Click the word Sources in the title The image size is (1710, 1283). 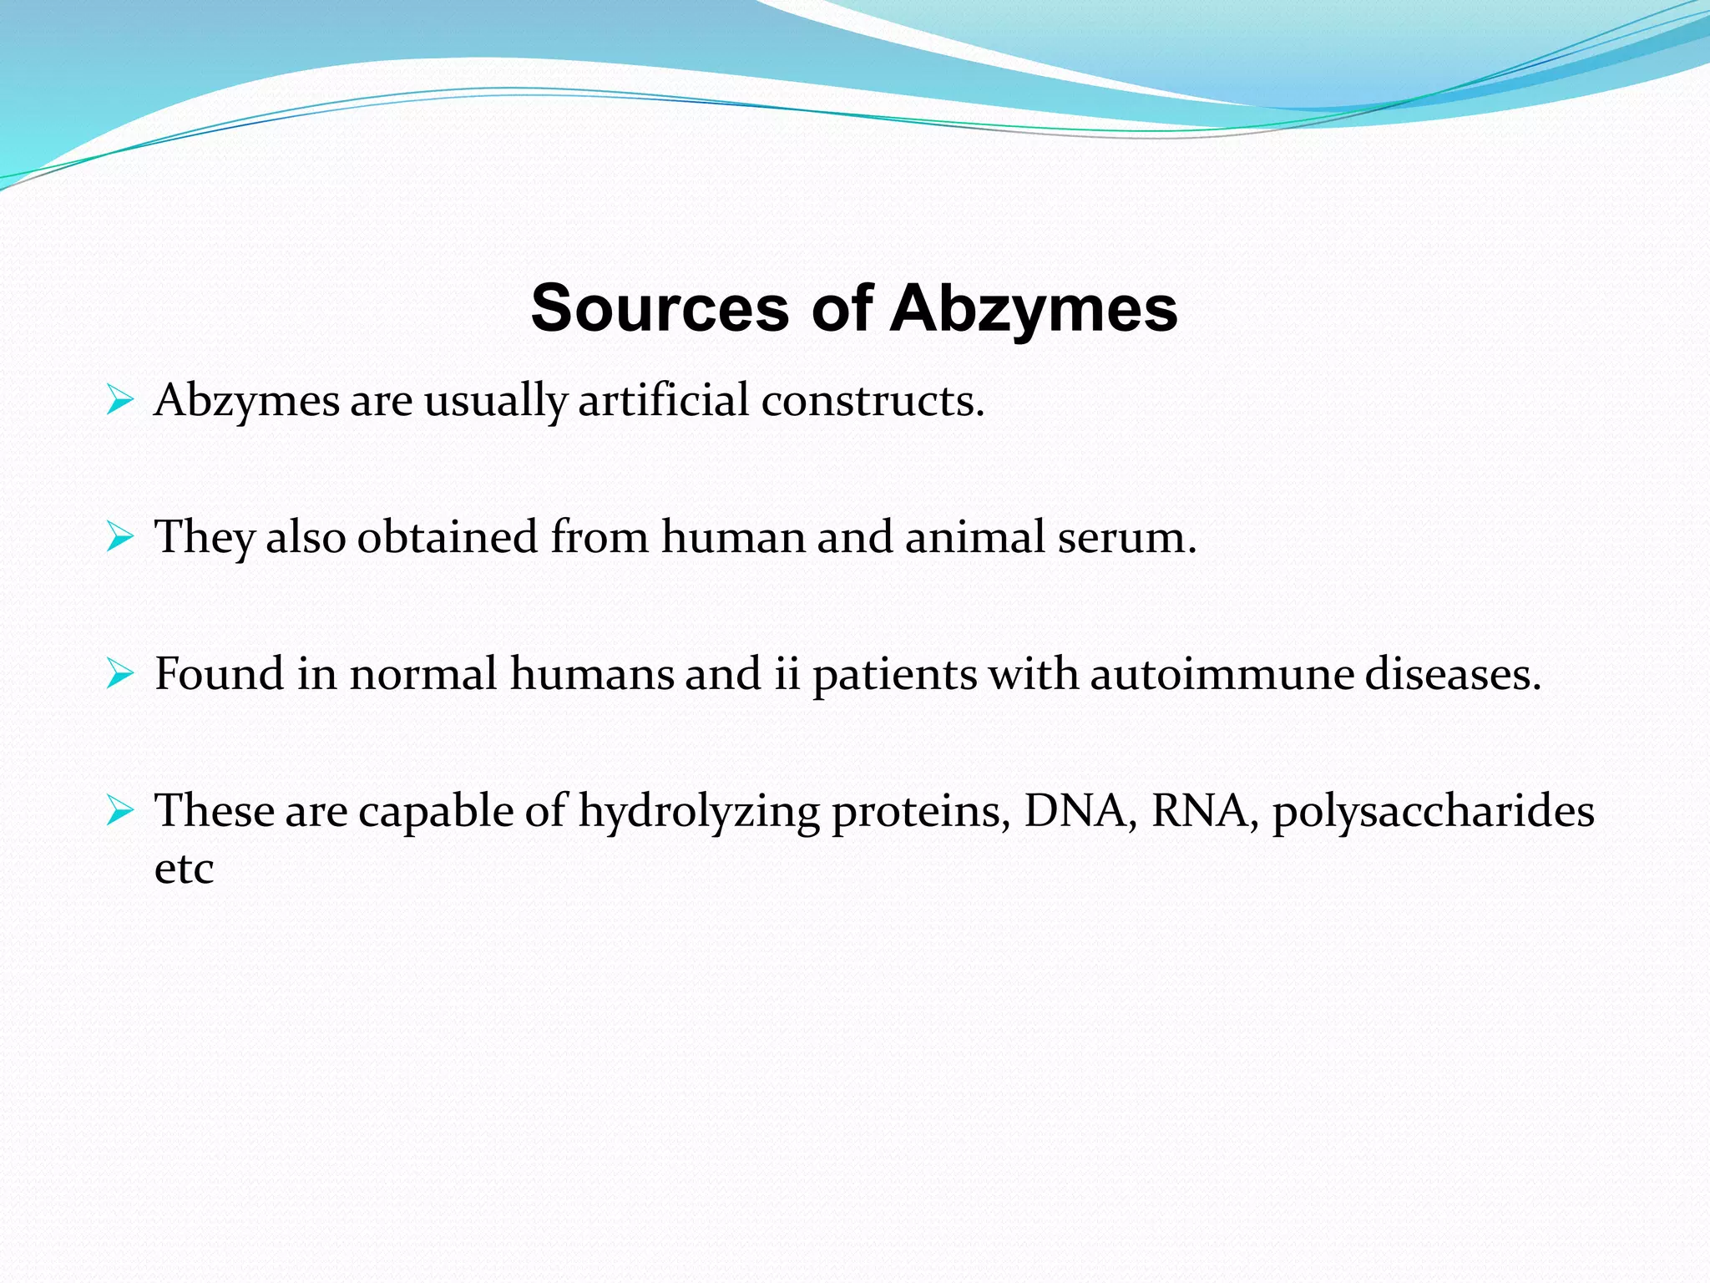point(659,309)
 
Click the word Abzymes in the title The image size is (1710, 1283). point(1034,309)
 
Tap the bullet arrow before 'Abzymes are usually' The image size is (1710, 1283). point(120,401)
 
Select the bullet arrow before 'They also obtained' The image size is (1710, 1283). point(120,538)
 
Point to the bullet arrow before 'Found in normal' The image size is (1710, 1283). point(120,675)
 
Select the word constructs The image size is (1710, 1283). point(872,400)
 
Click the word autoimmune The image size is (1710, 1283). point(1221,674)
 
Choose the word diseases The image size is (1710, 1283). point(1452,674)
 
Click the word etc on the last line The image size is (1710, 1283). point(184,869)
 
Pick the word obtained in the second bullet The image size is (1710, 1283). point(447,537)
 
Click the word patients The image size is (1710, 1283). point(893,675)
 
